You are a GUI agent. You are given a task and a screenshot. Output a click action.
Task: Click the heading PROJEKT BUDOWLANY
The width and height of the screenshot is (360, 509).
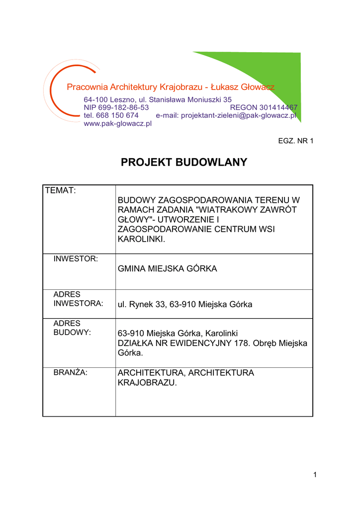click(x=184, y=163)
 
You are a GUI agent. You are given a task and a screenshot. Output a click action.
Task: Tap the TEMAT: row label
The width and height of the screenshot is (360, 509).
click(x=60, y=190)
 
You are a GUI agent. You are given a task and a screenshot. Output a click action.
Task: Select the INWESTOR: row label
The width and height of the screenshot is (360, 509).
click(x=76, y=259)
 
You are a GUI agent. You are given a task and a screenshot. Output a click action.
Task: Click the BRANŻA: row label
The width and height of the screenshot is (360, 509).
click(x=70, y=372)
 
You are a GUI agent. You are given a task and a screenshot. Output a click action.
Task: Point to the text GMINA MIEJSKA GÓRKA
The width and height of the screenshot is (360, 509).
click(x=167, y=269)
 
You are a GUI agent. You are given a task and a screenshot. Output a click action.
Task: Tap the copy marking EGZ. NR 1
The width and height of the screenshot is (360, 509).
click(x=295, y=141)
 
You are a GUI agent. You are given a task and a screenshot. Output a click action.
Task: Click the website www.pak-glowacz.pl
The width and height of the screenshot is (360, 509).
click(x=117, y=123)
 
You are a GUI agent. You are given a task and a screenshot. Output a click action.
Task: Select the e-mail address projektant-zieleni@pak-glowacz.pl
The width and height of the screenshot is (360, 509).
click(x=239, y=115)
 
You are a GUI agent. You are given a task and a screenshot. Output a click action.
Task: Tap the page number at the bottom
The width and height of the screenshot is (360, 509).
click(x=315, y=475)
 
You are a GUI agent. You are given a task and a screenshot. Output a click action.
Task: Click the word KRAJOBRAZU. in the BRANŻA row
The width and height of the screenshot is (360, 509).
click(x=147, y=383)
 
